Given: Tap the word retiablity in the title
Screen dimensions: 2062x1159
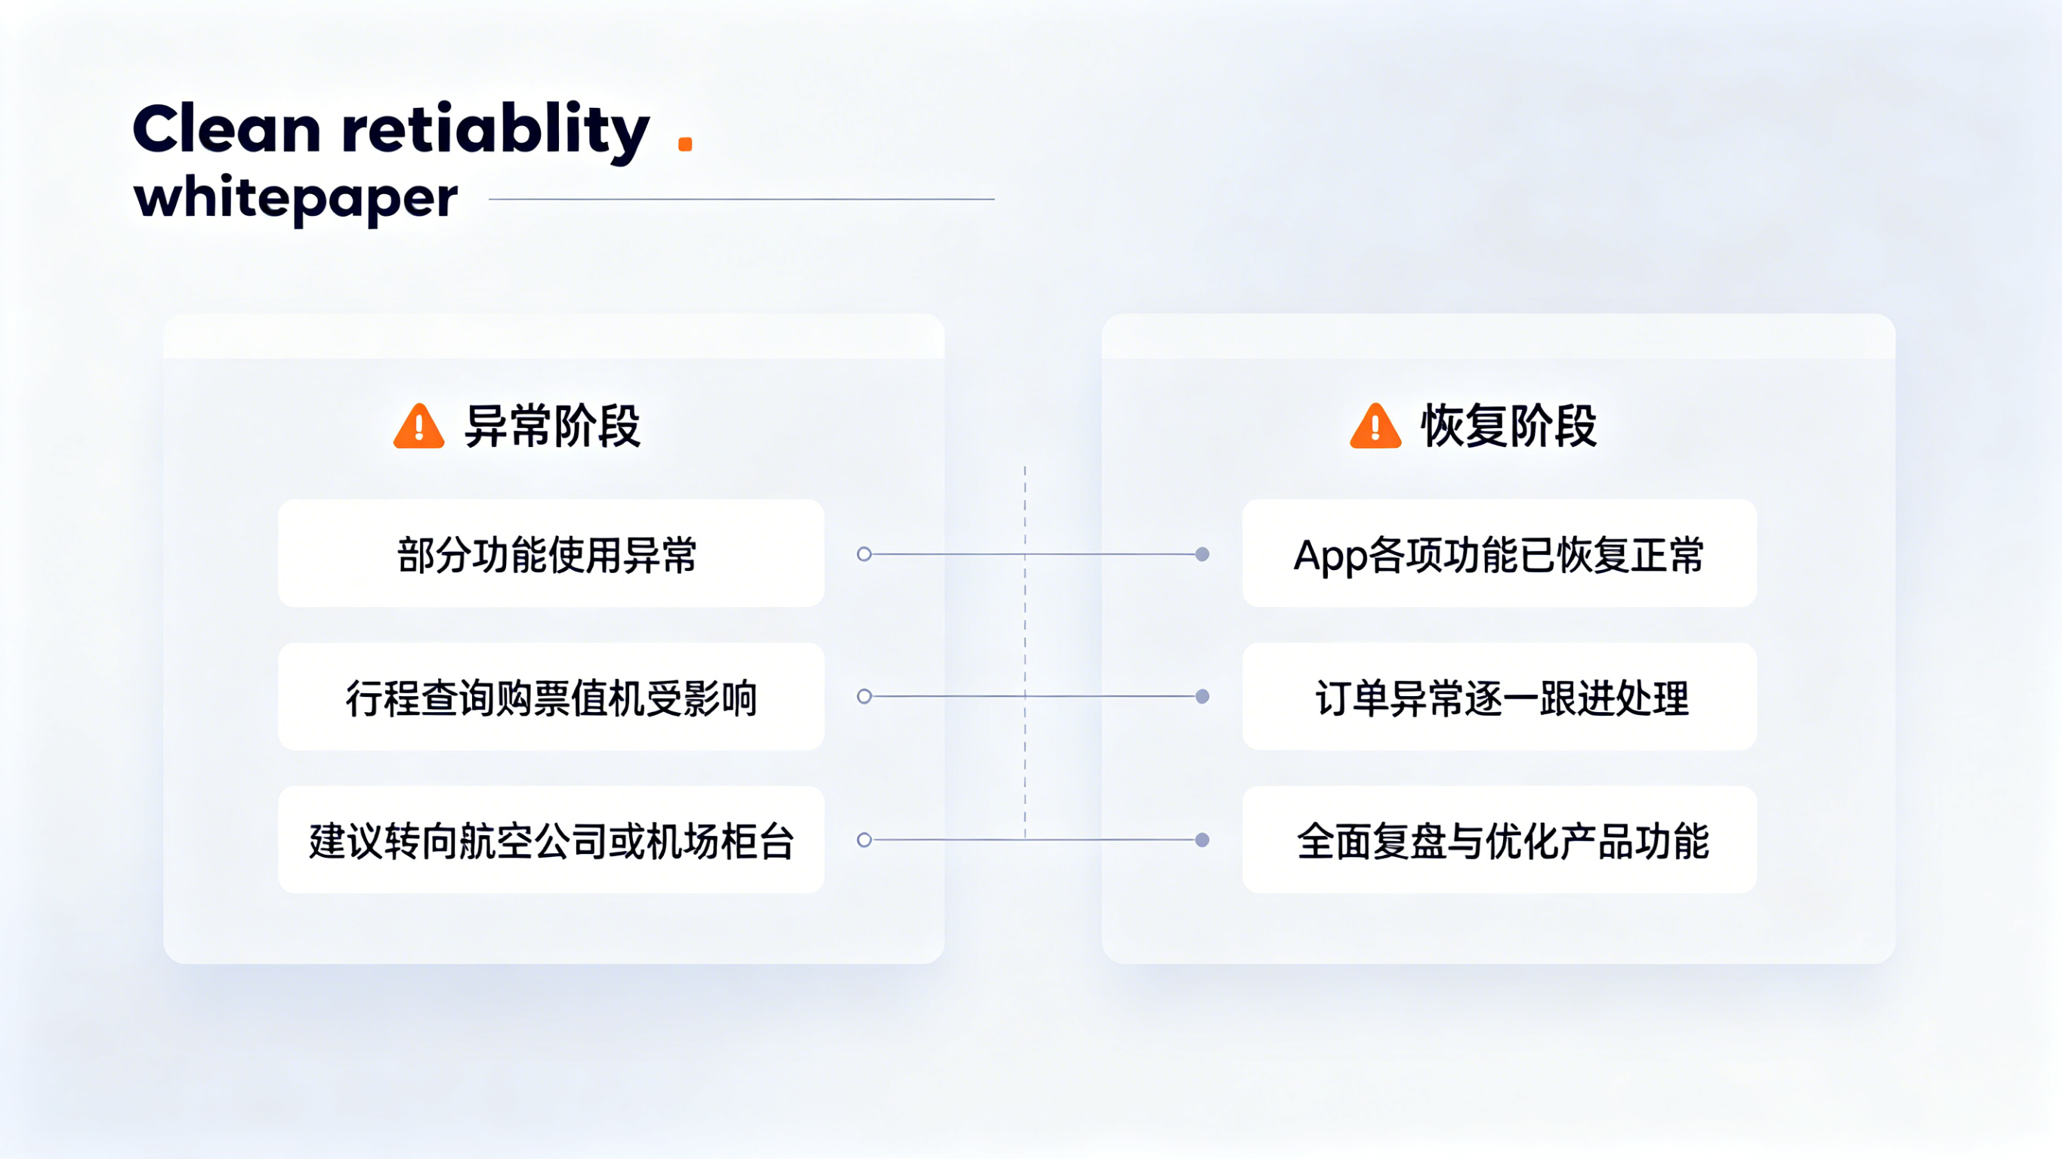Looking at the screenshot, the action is [x=495, y=132].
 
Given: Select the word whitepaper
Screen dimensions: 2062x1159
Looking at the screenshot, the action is [x=295, y=198].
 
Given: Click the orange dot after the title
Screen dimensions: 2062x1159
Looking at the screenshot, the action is [x=685, y=144].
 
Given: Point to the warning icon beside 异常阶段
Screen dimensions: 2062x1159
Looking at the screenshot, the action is [x=418, y=426].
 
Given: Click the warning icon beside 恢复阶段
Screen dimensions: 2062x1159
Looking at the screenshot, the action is [x=1375, y=426].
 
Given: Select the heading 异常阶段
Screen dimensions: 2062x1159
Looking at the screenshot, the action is [x=552, y=426].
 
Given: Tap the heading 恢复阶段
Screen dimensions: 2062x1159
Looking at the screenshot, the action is [x=1509, y=426].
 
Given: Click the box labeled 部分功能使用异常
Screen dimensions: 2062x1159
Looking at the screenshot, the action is [x=551, y=553].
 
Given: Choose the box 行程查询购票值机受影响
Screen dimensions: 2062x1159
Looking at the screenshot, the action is [x=551, y=696].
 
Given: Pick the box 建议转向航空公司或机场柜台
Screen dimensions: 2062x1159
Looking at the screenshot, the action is [x=551, y=840].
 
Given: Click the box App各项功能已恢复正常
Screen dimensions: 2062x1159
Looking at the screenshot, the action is [x=1499, y=553].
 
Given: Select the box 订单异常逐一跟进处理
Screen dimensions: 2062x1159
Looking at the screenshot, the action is [x=1499, y=696].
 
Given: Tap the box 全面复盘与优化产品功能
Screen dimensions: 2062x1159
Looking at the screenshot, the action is [x=1499, y=840].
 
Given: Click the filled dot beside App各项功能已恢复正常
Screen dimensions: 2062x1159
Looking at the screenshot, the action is [x=1202, y=554].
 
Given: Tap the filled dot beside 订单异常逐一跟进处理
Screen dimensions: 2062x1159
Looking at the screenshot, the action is [x=1202, y=696].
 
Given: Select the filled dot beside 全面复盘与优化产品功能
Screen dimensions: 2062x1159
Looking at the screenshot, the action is [x=1202, y=840].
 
